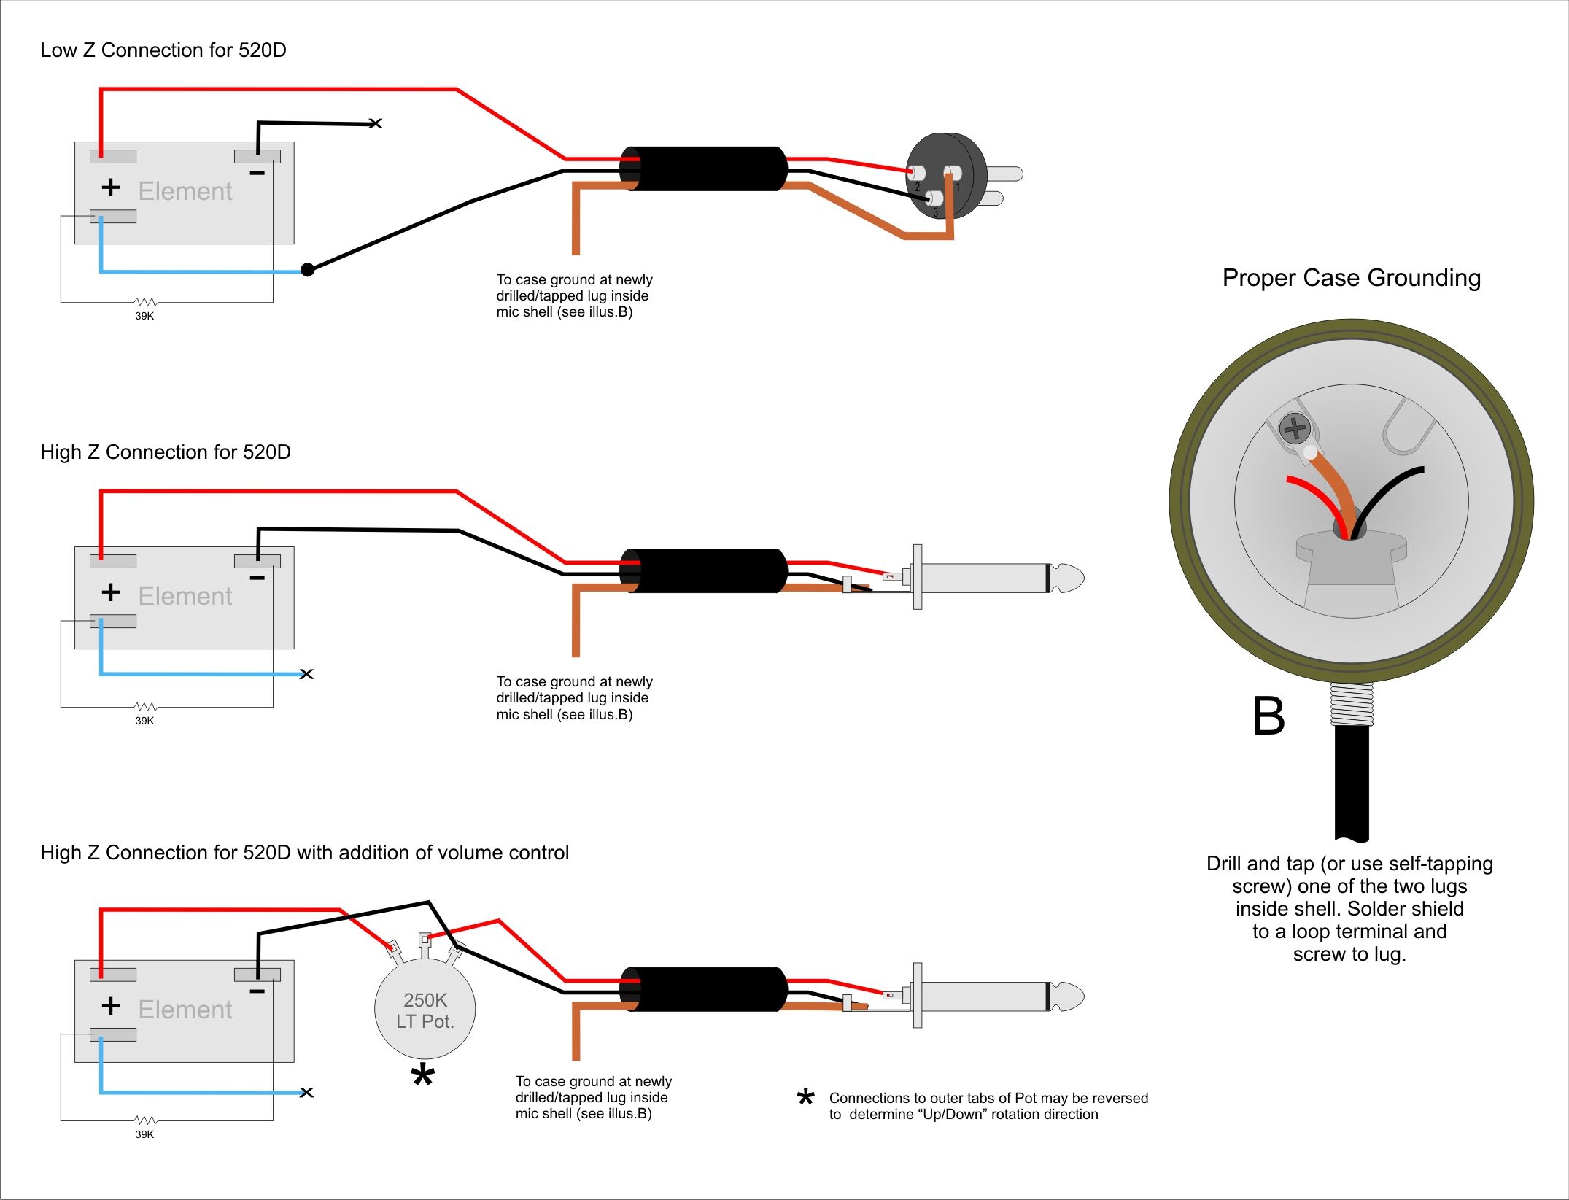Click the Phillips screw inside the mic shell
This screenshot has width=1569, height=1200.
click(x=1295, y=428)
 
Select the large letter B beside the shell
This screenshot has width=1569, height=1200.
click(x=1268, y=716)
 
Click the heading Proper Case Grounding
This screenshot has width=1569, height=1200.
click(x=1351, y=278)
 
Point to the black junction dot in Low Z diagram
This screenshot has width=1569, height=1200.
click(x=308, y=270)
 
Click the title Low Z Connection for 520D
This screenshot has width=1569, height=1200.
click(x=163, y=50)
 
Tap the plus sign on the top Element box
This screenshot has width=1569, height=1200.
click(x=111, y=187)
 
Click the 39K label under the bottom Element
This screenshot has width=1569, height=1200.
click(x=144, y=1134)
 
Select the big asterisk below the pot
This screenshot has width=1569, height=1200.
click(x=423, y=1076)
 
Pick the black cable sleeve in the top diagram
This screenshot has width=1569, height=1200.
click(x=704, y=169)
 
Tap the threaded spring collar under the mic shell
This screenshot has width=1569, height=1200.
click(x=1352, y=704)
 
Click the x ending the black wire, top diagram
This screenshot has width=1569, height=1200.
click(x=376, y=123)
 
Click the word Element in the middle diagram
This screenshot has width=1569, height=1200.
click(x=185, y=596)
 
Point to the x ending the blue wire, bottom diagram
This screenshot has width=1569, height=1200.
click(x=307, y=1092)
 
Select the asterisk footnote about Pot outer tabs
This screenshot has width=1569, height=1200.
click(x=988, y=1106)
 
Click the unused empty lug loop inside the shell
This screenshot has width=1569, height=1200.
click(x=1408, y=430)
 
